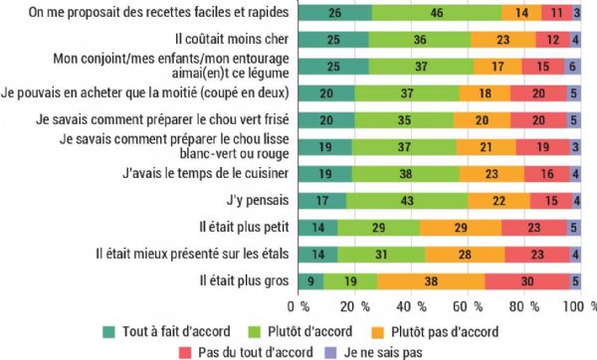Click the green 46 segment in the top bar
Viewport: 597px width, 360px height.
pos(436,13)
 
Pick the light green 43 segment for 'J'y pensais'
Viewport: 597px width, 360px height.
pos(406,201)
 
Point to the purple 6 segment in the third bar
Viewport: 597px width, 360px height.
pos(572,67)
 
